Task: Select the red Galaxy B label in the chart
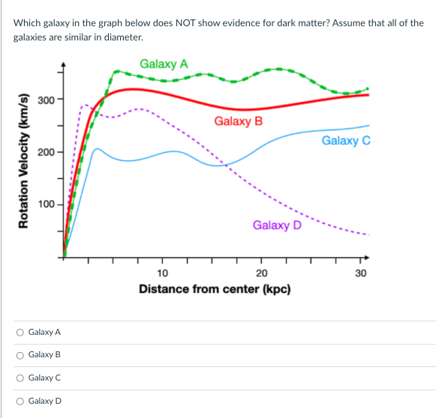[239, 121]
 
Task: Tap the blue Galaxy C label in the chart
[346, 140]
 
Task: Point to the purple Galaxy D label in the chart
[277, 225]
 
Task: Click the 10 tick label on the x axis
[163, 273]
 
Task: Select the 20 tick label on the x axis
[261, 273]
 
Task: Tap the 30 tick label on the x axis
[360, 273]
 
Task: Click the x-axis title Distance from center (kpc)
[215, 289]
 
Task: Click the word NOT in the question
[187, 23]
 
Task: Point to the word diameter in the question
[123, 37]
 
